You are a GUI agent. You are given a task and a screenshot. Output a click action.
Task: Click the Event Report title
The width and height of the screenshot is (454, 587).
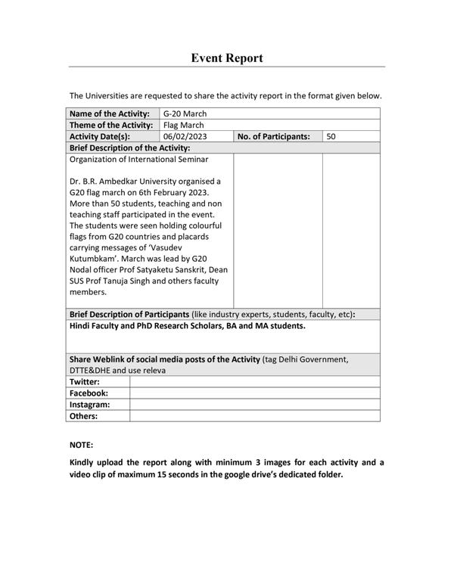click(x=227, y=58)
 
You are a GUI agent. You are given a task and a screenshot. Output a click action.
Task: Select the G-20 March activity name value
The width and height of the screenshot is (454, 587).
click(x=185, y=113)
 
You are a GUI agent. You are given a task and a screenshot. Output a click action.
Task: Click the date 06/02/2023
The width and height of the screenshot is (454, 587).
click(x=185, y=137)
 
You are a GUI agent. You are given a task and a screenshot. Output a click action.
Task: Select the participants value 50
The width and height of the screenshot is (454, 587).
click(x=331, y=137)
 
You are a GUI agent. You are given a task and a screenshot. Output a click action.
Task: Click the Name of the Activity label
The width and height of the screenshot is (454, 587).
click(x=109, y=113)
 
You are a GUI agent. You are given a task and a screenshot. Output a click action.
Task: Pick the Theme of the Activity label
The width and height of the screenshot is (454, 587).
click(x=111, y=125)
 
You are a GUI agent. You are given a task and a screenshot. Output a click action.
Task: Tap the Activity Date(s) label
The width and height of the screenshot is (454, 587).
click(x=100, y=137)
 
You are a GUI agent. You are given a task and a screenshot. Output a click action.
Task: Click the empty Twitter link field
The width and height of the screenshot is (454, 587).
click(x=254, y=382)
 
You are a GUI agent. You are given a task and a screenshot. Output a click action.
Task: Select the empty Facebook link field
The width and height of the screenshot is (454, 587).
click(x=254, y=393)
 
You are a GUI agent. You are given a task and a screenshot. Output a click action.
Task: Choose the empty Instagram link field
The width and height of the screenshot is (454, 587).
click(x=254, y=405)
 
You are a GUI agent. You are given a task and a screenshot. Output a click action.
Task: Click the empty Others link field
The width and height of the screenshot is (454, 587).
click(x=254, y=416)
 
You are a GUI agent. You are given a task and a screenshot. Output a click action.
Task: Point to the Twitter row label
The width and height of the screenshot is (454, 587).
click(x=85, y=382)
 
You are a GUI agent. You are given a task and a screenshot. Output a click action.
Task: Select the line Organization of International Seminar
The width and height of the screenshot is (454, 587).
click(x=138, y=160)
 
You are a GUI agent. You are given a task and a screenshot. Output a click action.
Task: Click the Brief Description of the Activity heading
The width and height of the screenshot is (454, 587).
click(x=129, y=148)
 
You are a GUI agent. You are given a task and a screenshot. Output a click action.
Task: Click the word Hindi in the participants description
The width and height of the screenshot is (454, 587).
click(x=80, y=326)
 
